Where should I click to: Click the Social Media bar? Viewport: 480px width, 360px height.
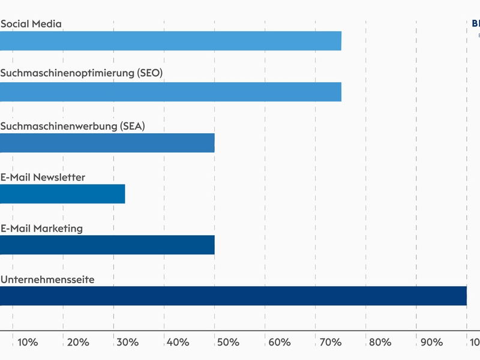click(170, 41)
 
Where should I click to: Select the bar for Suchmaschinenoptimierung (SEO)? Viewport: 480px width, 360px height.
click(170, 92)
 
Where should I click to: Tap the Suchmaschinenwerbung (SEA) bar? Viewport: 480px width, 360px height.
click(107, 143)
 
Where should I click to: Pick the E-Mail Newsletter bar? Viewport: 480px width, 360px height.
click(62, 194)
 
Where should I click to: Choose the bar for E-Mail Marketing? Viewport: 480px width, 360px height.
click(107, 245)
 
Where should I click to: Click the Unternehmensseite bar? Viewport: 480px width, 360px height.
click(233, 296)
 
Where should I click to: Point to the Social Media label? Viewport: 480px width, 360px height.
click(31, 24)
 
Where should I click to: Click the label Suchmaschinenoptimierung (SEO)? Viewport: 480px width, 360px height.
click(82, 73)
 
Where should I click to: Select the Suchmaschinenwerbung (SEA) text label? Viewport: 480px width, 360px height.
click(73, 126)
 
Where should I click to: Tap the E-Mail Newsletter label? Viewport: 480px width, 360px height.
click(43, 177)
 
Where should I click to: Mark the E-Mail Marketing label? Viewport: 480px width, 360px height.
click(41, 228)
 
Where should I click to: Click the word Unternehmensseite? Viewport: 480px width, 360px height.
click(47, 279)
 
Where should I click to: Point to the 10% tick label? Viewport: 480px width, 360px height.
click(28, 342)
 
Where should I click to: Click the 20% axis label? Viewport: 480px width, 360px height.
click(79, 342)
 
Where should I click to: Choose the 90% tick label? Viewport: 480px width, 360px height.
click(431, 342)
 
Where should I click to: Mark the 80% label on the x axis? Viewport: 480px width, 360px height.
click(381, 342)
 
